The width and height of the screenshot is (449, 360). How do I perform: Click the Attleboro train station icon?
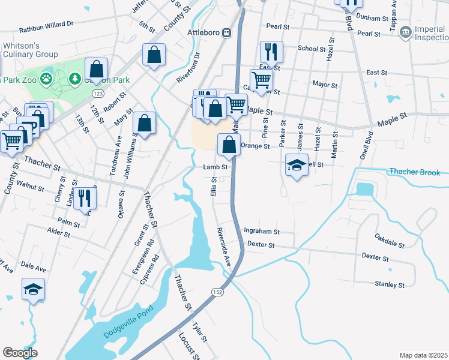pos(228,32)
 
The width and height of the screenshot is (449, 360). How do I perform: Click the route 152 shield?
pos(217,291)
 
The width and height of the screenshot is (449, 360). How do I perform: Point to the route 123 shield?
pos(98,94)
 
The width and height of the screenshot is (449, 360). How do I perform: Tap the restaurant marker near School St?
pos(270,52)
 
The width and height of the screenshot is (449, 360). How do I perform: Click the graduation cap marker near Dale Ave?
pos(33,289)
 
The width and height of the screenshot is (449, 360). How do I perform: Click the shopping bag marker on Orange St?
pos(229,145)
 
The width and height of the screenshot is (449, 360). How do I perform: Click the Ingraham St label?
pos(262,231)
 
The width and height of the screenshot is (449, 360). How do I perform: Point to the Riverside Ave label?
pos(224,247)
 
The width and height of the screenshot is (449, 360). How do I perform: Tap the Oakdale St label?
pos(390,241)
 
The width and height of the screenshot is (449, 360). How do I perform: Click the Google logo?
pos(20,353)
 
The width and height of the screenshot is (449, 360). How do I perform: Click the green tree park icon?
pos(75,78)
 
